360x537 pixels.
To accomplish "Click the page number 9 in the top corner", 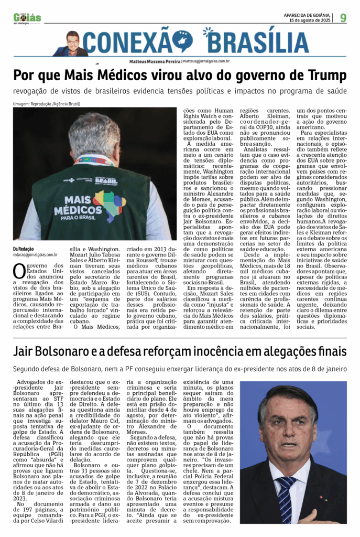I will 343,18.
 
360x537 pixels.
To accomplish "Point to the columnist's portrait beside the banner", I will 72,44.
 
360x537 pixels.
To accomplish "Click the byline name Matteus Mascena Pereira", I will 155,61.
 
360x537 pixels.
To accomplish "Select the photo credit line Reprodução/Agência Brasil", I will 47,104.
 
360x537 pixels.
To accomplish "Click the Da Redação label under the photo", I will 24,249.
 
